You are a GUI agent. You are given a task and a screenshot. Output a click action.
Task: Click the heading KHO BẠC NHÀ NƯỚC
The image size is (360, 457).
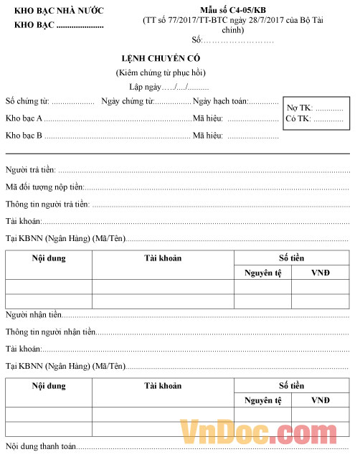pos(59,10)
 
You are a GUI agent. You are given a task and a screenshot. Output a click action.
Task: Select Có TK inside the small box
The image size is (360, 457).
pos(298,118)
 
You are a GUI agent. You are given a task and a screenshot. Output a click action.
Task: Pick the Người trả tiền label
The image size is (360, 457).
pos(30,170)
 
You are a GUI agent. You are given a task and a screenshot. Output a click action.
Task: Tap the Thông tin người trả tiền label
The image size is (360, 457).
pos(47,204)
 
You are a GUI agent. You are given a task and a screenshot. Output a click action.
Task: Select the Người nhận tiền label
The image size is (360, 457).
pos(33,315)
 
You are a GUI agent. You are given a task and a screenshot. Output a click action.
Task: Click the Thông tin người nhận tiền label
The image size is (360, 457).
pos(50,332)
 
